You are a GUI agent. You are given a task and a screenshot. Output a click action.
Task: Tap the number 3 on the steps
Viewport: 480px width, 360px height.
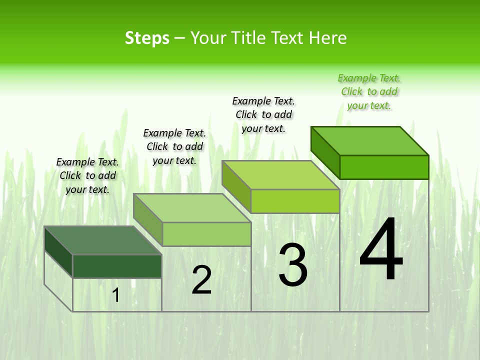coord(293,265)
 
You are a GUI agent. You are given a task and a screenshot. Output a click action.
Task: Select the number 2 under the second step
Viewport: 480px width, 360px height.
coord(201,280)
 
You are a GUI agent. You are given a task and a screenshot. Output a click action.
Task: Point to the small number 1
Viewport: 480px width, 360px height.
coord(116,295)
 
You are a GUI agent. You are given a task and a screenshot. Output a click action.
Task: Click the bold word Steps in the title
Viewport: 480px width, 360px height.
coord(147,38)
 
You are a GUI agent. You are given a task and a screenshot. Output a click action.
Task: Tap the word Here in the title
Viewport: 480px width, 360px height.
coord(327,38)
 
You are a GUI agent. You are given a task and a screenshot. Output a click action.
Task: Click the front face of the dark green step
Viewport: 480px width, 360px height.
coord(117,266)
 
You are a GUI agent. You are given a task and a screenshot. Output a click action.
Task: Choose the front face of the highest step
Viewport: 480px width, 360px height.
coord(384,167)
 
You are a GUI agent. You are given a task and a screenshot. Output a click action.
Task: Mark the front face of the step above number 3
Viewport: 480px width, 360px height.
coord(295,201)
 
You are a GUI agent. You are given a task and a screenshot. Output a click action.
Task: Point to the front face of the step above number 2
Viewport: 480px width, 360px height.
coord(206,234)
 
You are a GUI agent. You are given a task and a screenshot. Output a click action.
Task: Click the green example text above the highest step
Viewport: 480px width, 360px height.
coord(369,91)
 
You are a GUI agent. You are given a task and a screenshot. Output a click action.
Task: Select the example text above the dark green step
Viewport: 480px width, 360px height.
coord(87,175)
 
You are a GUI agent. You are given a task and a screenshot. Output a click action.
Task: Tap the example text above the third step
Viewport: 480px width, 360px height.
coord(263,114)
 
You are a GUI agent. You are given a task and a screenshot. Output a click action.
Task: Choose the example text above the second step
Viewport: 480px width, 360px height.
coord(174,146)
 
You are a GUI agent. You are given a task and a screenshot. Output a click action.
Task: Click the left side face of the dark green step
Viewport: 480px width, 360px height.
coord(58,251)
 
